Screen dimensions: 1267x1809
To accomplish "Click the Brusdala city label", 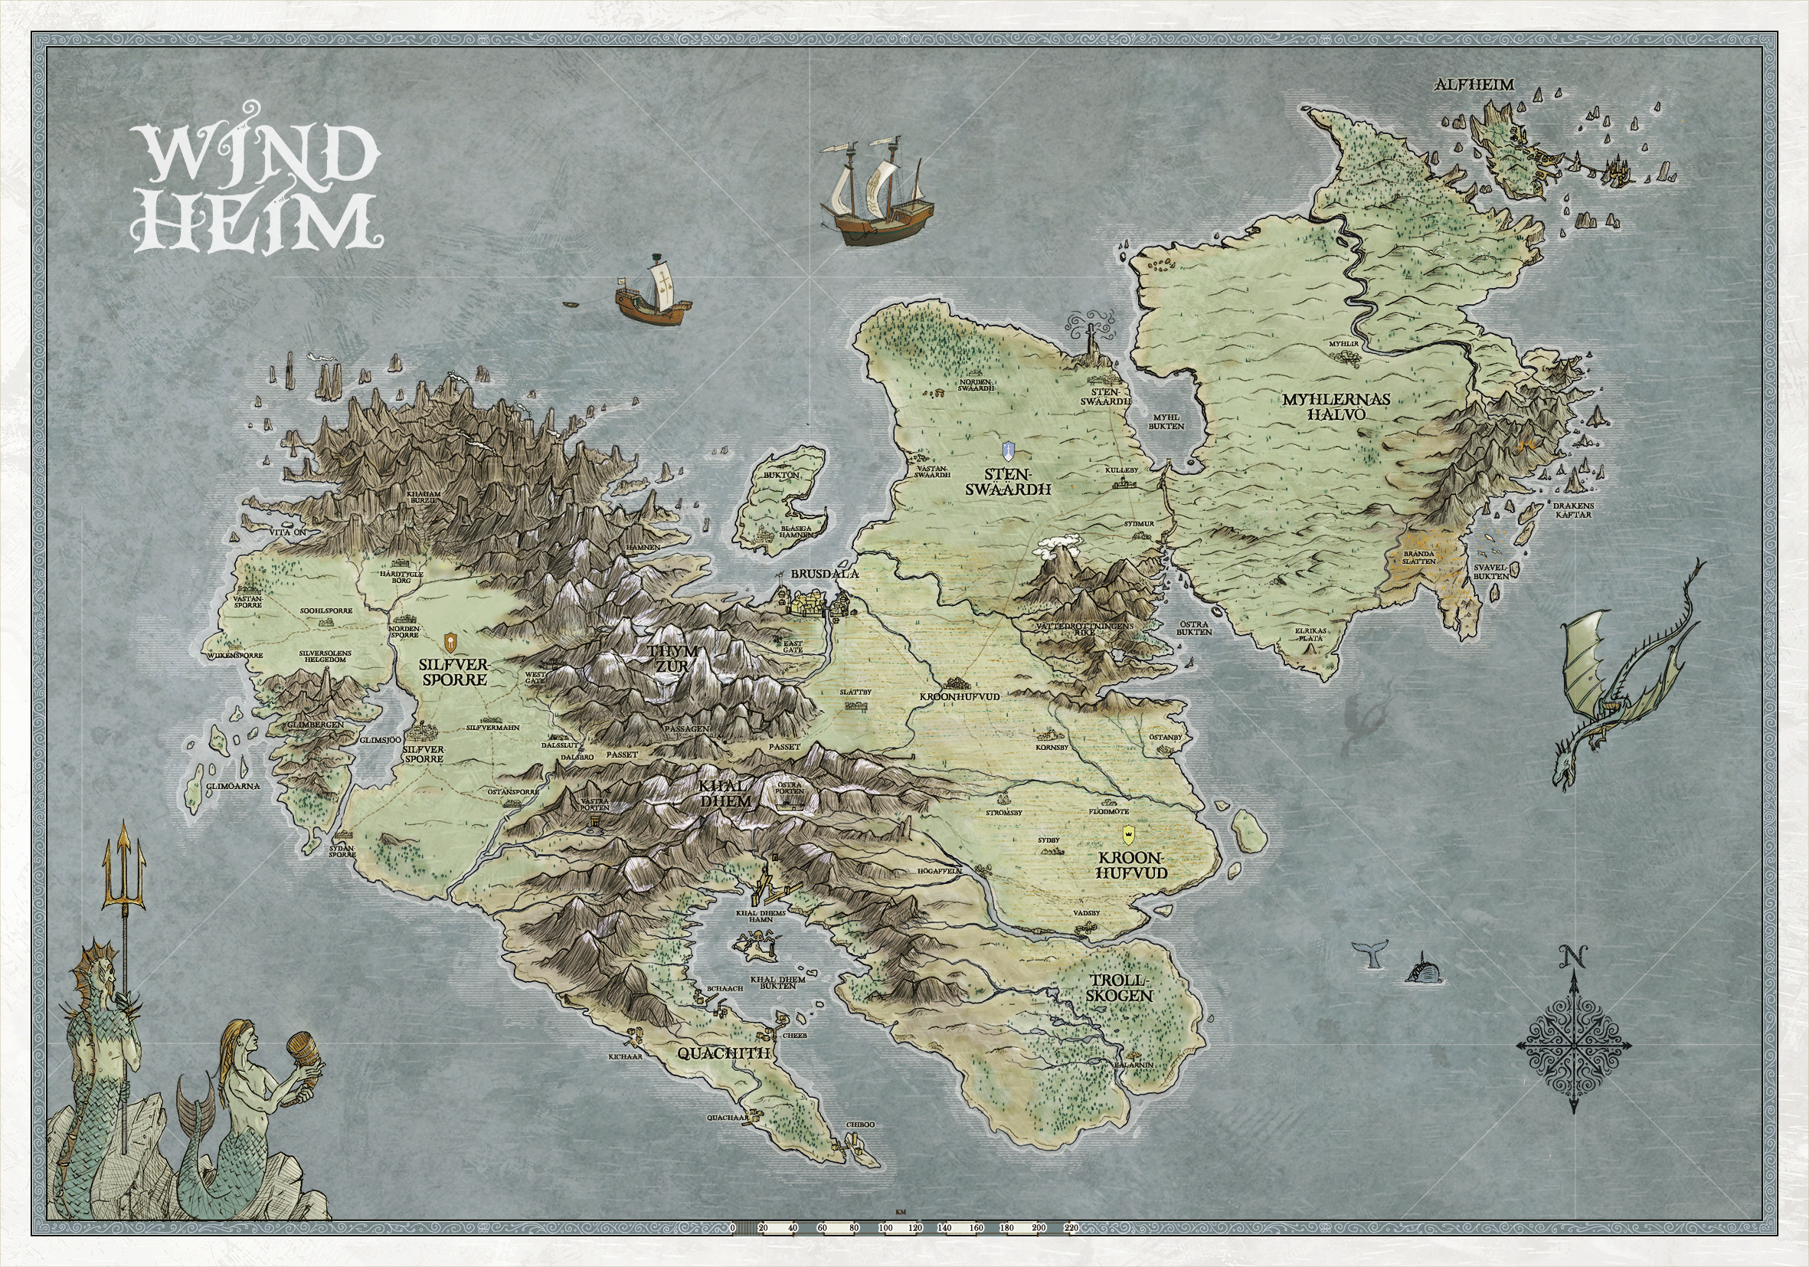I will (x=824, y=575).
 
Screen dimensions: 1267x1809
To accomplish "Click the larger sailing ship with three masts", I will (x=877, y=194).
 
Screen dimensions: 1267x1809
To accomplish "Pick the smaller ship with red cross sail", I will (x=653, y=293).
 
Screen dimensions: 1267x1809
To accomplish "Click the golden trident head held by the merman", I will (x=124, y=869).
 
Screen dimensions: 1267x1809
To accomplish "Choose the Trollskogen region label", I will (x=1120, y=988).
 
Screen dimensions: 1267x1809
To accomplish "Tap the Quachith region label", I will (x=723, y=1053).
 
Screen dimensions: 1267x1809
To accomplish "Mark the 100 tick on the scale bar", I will (x=885, y=1228).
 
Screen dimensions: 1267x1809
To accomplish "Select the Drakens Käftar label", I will (x=1572, y=510).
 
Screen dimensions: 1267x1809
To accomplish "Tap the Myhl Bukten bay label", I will (x=1166, y=421).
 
